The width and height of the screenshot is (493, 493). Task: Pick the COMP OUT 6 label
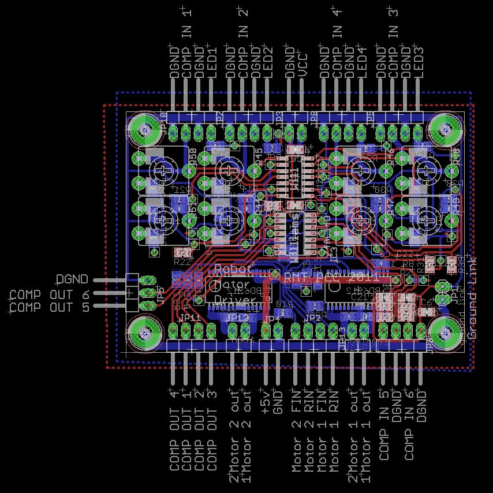pyautogui.click(x=50, y=294)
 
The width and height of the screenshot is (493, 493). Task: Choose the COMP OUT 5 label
pyautogui.click(x=50, y=307)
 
